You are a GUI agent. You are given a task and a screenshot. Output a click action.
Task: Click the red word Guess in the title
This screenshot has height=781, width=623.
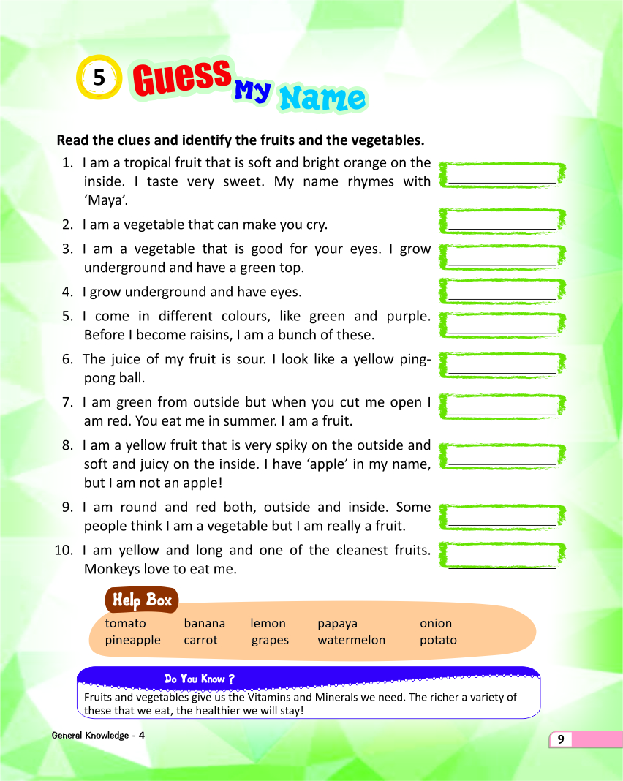180,78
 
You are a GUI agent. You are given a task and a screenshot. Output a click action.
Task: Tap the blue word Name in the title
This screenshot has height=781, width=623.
322,99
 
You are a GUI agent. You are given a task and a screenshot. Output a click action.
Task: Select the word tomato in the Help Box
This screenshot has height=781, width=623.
126,624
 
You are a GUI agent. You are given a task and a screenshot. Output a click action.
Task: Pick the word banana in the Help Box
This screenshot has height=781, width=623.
205,624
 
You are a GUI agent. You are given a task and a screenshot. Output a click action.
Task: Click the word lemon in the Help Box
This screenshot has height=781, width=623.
268,624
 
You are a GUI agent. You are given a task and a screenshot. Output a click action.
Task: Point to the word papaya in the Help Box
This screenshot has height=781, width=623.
338,624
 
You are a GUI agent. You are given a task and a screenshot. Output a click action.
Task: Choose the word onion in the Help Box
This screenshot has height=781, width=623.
436,624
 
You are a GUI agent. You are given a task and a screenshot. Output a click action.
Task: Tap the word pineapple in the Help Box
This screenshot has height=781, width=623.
133,641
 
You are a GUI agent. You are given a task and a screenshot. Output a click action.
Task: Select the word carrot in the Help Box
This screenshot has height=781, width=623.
201,641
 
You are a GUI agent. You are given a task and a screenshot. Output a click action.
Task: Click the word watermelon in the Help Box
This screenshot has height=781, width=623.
352,641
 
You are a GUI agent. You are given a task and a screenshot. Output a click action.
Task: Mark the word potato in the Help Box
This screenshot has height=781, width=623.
438,641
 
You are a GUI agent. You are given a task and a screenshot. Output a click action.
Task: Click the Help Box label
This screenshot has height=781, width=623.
143,600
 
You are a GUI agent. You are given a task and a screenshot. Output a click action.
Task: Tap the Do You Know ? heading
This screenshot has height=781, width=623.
200,679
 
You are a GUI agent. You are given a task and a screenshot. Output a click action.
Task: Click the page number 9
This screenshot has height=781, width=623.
561,739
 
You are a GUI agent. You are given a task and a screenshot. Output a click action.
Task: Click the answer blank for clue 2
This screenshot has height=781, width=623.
502,221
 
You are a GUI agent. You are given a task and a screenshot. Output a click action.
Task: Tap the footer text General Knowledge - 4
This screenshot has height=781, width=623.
98,735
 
